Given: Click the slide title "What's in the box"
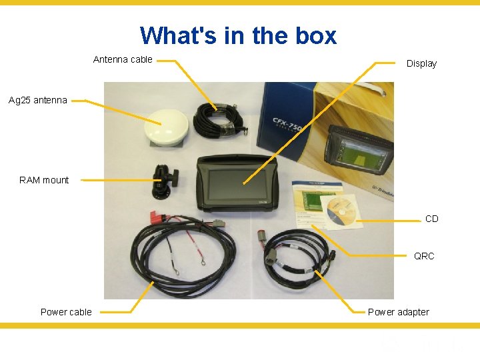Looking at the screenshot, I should (x=238, y=35).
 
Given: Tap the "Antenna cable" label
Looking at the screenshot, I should (x=123, y=59).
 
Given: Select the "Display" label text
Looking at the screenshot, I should (x=421, y=63).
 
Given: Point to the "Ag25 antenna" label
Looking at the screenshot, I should (x=38, y=101).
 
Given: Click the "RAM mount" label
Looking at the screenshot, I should (x=44, y=180).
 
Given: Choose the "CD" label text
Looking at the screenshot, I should (x=432, y=219).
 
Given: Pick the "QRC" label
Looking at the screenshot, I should (x=424, y=256).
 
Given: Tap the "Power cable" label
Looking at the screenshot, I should (x=66, y=312).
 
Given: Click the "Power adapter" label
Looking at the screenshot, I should (x=399, y=312).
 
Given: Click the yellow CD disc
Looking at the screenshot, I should (x=341, y=212).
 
